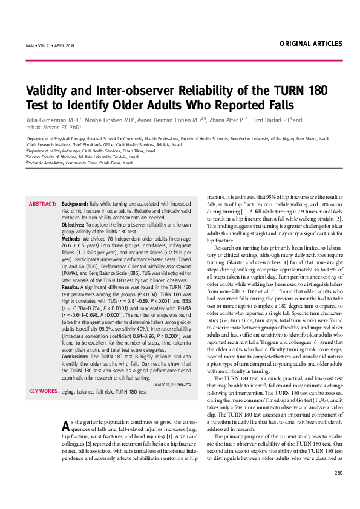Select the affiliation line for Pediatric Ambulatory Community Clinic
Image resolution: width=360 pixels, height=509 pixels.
click(x=79, y=163)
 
